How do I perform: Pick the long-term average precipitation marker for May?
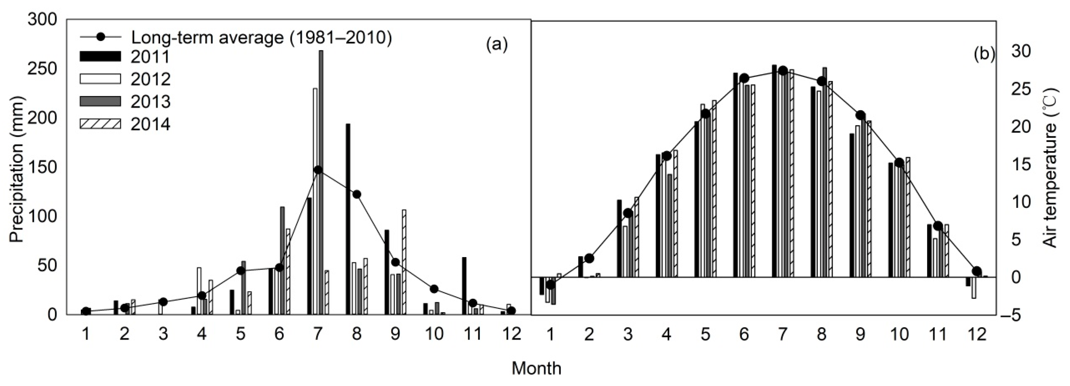coord(241,271)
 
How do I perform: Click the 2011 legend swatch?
coord(100,57)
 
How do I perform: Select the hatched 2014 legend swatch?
coord(100,124)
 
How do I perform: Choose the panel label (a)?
coord(497,44)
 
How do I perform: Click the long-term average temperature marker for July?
coord(783,71)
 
